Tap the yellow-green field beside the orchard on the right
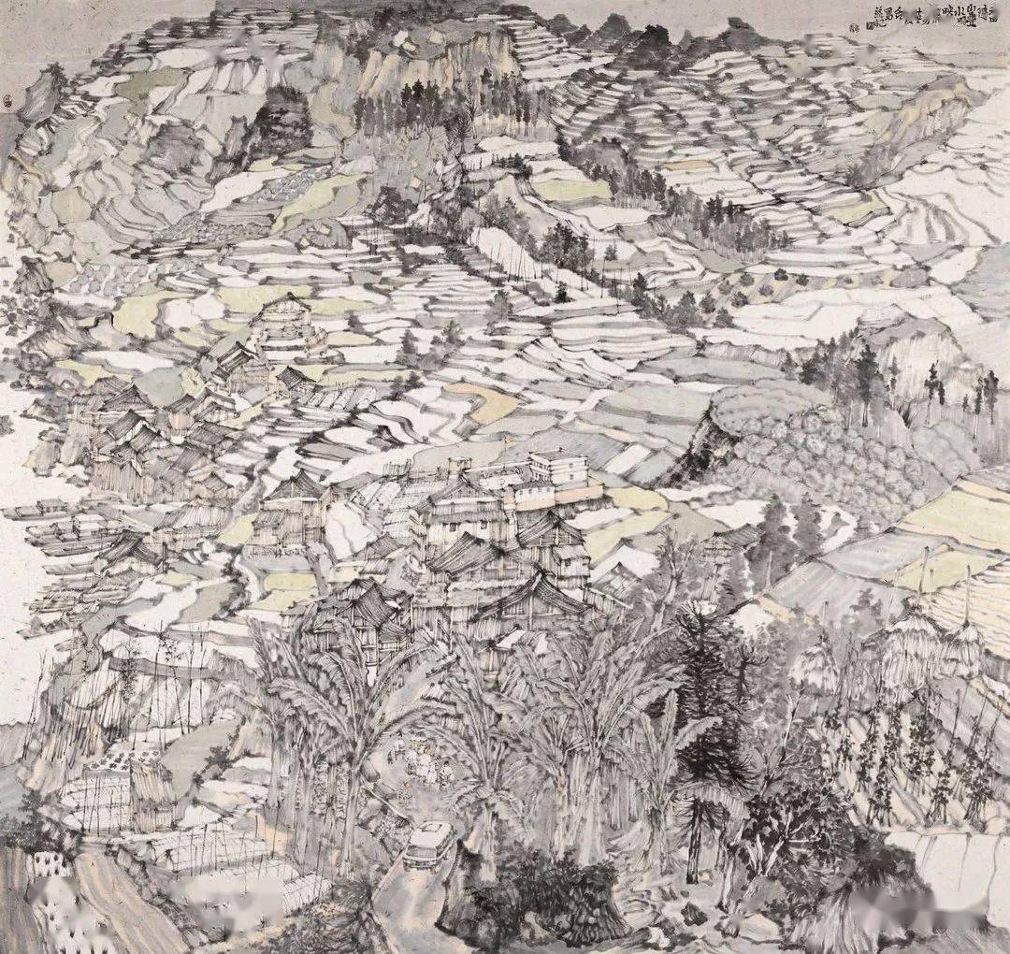click(x=954, y=514)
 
